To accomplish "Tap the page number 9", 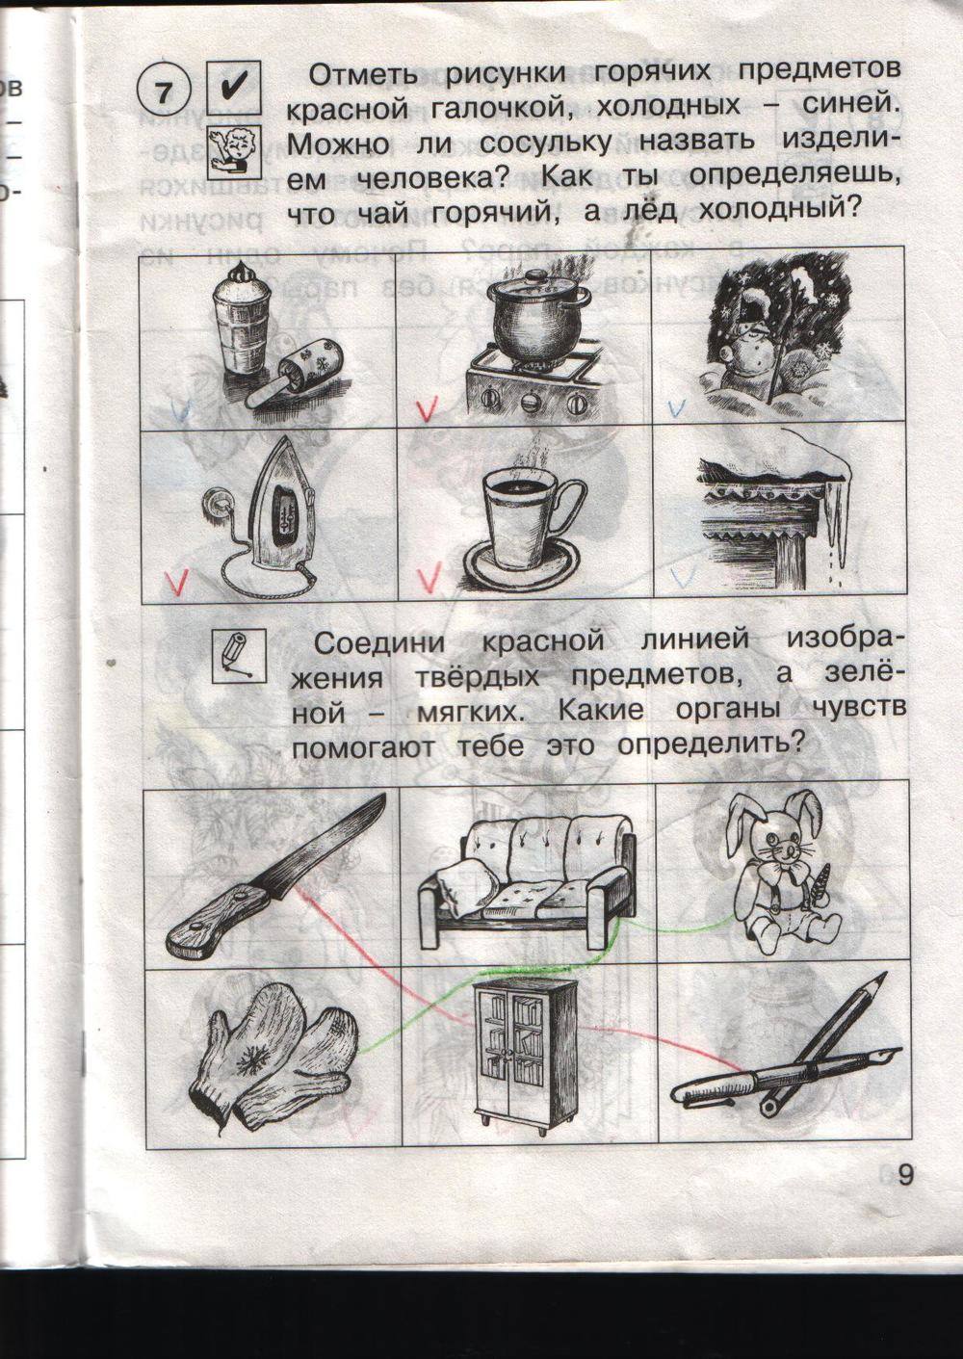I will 904,1177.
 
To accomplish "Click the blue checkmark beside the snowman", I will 678,406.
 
